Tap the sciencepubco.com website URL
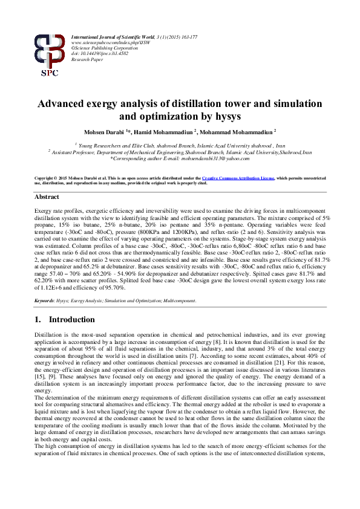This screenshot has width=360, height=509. coord(103,43)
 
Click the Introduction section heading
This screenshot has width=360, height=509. coord(71,320)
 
